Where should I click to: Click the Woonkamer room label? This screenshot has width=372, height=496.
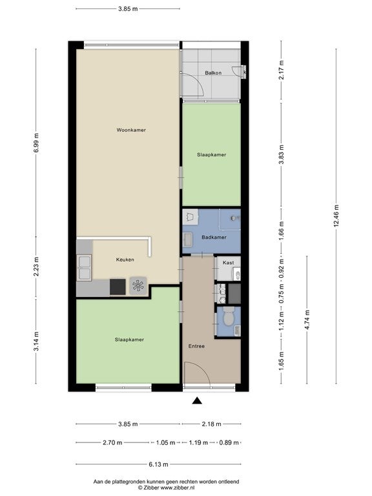tap(131, 130)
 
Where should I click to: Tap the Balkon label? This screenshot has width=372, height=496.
tap(213, 73)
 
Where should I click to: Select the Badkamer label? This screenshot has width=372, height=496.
tap(214, 237)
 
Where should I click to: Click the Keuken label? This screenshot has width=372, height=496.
tap(125, 260)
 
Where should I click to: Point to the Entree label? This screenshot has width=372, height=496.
tap(196, 346)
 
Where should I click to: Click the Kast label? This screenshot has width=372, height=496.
tap(228, 263)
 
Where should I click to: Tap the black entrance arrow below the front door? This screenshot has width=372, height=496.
tap(198, 401)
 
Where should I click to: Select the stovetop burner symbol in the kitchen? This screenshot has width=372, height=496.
tap(138, 286)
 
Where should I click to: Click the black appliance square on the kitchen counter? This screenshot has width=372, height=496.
tap(118, 287)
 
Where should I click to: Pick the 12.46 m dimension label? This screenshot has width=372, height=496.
tap(336, 216)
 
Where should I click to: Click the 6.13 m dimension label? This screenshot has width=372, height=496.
tap(158, 464)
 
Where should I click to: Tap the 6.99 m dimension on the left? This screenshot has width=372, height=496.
tap(36, 143)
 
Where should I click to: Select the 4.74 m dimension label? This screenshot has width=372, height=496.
tap(307, 320)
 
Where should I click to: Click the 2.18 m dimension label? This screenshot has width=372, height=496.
tap(211, 424)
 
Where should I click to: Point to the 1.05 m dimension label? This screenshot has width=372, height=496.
tap(165, 442)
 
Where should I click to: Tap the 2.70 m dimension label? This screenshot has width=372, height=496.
tap(112, 442)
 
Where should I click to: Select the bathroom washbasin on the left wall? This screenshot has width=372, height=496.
tap(188, 239)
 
